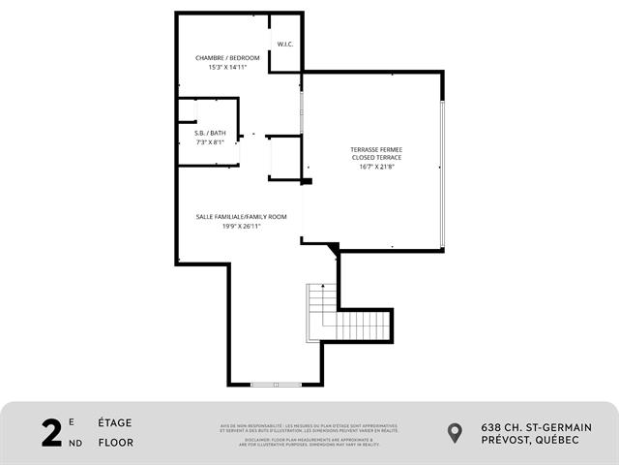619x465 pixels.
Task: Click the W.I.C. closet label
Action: coord(285,45)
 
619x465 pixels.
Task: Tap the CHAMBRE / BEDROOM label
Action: coord(227,58)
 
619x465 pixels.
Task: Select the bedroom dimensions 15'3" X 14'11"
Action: coord(227,68)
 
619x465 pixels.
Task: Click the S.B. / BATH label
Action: coord(210,133)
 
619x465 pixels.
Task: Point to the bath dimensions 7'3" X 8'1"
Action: coord(210,142)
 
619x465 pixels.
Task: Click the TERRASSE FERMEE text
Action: coord(375,149)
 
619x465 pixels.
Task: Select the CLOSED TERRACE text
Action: coord(375,157)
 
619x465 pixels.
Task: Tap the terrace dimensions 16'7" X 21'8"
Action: coord(375,167)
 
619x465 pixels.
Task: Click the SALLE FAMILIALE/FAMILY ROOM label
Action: coord(241,216)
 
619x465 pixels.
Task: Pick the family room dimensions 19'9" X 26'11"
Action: coord(241,226)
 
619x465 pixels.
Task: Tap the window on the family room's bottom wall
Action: coord(276,385)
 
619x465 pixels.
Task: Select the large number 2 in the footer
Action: coord(52,432)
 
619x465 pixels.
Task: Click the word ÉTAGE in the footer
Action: coord(114,422)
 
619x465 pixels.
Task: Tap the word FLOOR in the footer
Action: coord(115,443)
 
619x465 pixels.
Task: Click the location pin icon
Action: coord(456,433)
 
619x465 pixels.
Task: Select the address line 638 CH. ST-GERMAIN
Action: coord(536,427)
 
